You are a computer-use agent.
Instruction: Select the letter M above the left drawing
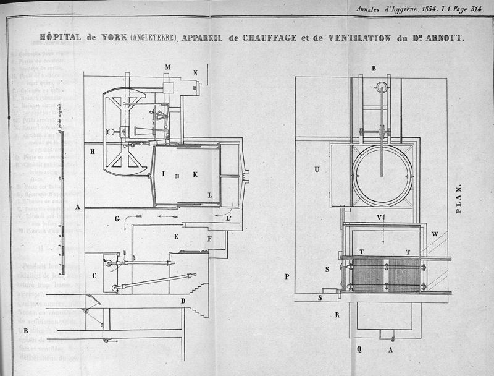pyautogui.click(x=167, y=67)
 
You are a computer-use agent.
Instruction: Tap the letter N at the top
pyautogui.click(x=195, y=72)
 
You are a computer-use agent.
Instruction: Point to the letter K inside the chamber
pyautogui.click(x=195, y=174)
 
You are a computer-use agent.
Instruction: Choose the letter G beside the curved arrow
pyautogui.click(x=117, y=218)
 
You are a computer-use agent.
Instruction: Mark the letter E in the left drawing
pyautogui.click(x=176, y=236)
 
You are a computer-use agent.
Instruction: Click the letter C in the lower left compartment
pyautogui.click(x=94, y=276)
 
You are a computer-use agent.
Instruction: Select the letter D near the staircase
pyautogui.click(x=183, y=301)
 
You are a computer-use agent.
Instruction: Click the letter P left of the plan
pyautogui.click(x=287, y=276)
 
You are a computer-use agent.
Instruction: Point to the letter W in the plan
pyautogui.click(x=435, y=234)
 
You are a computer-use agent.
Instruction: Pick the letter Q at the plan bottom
pyautogui.click(x=359, y=349)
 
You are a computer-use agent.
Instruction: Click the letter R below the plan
pyautogui.click(x=337, y=314)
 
